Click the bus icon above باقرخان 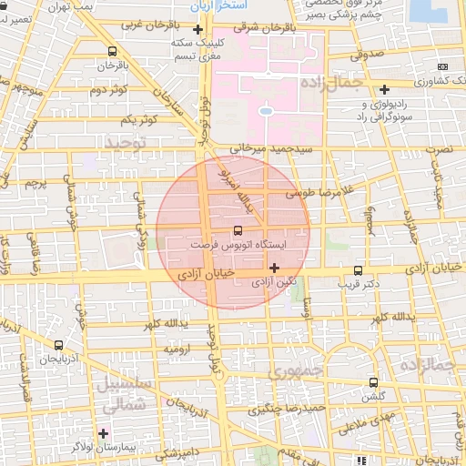click(112, 51)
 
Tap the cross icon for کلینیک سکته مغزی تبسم click(210, 30)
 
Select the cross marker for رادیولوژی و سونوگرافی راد click(386, 89)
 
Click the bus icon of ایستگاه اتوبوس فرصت click(238, 230)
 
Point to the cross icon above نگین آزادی click(274, 268)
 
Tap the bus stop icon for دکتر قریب click(358, 270)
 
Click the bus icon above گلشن click(373, 382)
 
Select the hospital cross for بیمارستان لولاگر click(103, 433)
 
